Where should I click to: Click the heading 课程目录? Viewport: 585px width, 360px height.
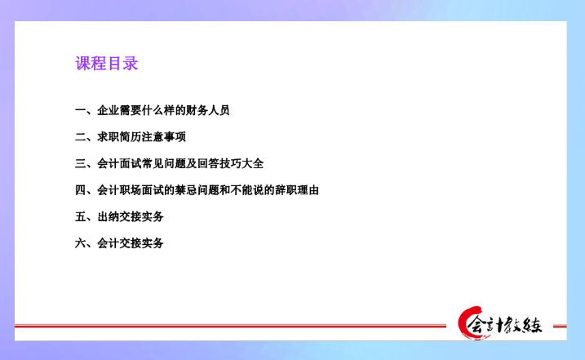[x=107, y=64]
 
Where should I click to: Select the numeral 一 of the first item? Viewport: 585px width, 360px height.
[x=80, y=110]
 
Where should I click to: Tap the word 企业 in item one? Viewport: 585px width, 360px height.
[x=108, y=110]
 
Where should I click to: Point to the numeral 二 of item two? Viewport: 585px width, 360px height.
[x=80, y=136]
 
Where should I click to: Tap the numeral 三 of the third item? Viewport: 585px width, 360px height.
[x=80, y=163]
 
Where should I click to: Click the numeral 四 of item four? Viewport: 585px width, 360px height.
[x=80, y=190]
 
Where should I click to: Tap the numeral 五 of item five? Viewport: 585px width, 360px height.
[x=80, y=216]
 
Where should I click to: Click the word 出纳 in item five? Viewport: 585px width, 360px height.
[x=108, y=216]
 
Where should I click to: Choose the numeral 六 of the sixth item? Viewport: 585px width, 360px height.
[x=80, y=242]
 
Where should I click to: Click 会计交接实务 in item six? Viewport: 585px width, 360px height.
[x=131, y=242]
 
